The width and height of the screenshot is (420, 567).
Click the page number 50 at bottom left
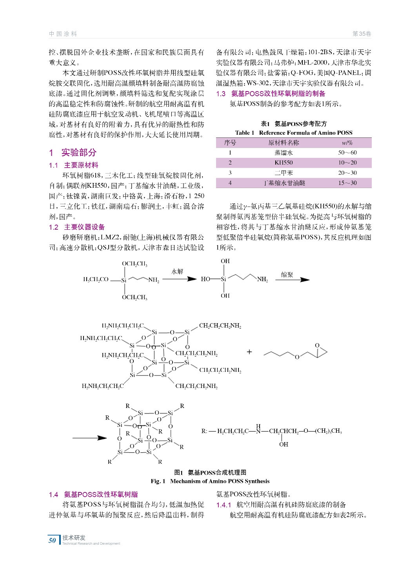coord(52,540)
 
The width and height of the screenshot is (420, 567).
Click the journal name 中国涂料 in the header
coord(63,34)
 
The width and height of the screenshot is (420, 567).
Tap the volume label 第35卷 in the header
coord(361,34)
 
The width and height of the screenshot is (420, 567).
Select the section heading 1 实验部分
coord(73,152)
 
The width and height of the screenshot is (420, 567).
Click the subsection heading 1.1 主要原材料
coord(74,165)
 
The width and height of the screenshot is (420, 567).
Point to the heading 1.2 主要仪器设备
coord(77,227)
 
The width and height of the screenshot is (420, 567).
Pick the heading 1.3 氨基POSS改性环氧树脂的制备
coord(271,93)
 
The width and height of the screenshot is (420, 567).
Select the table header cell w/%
coord(347,143)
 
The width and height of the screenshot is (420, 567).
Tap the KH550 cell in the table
coord(283,163)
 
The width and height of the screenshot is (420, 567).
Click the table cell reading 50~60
coord(347,152)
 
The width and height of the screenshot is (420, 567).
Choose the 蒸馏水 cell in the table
coord(283,152)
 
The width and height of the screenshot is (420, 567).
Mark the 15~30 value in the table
coord(347,183)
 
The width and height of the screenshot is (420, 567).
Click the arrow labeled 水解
coord(179,279)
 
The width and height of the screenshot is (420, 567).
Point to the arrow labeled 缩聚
coord(292,280)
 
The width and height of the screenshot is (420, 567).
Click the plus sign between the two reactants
coord(249,352)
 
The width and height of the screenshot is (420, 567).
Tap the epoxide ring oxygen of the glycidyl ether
coord(317,346)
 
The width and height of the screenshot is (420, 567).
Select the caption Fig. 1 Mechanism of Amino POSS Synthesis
coord(210,481)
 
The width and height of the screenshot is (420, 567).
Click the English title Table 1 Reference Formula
coord(293,133)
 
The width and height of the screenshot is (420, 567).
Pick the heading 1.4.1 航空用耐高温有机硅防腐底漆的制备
coord(281,505)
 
